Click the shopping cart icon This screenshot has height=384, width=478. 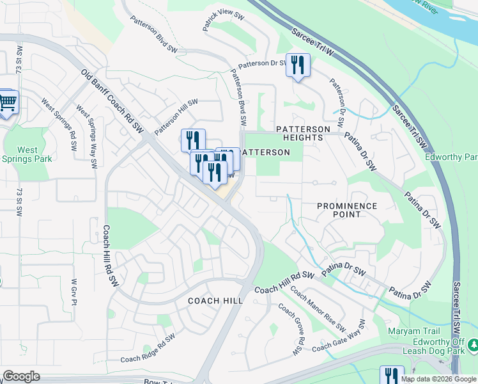click(7, 102)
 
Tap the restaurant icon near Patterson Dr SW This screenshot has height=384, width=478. click(298, 66)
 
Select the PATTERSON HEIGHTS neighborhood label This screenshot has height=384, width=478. click(303, 134)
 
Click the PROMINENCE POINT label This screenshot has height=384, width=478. click(347, 211)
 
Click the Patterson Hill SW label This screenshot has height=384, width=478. click(176, 116)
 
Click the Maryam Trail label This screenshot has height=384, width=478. click(413, 331)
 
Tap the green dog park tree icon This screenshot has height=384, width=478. click(473, 346)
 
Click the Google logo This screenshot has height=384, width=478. click(21, 376)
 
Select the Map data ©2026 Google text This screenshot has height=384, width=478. click(438, 379)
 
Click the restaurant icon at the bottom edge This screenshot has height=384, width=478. click(391, 376)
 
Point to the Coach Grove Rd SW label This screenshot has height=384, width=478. click(289, 328)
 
